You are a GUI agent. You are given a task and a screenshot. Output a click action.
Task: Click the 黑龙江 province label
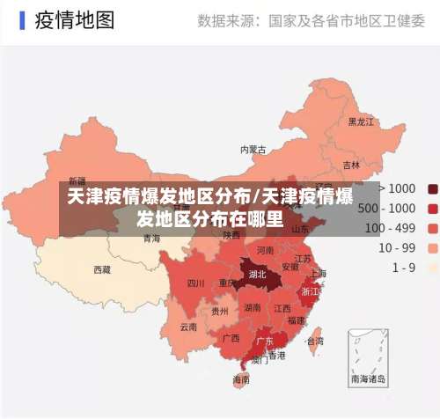(362, 121)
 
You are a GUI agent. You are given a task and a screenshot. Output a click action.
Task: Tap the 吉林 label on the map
(351, 165)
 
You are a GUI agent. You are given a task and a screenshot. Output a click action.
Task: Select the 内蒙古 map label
(253, 150)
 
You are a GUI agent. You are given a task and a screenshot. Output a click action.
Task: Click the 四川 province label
(195, 259)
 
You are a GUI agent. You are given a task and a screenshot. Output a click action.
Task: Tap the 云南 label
(188, 326)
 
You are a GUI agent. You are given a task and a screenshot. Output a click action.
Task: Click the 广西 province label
(231, 338)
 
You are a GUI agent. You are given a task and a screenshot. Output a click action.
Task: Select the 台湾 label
(314, 341)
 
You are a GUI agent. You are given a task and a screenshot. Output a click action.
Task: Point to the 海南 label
(240, 379)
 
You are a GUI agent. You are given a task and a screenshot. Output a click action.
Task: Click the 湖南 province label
(253, 308)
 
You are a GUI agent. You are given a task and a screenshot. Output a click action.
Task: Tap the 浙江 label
(310, 290)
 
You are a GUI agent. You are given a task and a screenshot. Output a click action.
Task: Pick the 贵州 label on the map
(220, 311)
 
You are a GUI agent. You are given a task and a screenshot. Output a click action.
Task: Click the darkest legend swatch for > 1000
(433, 188)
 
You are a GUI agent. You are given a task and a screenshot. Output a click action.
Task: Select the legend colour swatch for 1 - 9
(433, 267)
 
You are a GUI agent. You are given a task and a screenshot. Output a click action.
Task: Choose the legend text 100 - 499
(391, 228)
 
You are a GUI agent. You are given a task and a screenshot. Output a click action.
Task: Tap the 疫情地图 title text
(75, 19)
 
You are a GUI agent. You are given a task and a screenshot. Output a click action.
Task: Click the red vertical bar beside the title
(19, 19)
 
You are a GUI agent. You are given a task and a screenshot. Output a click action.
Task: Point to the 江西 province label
(282, 309)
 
